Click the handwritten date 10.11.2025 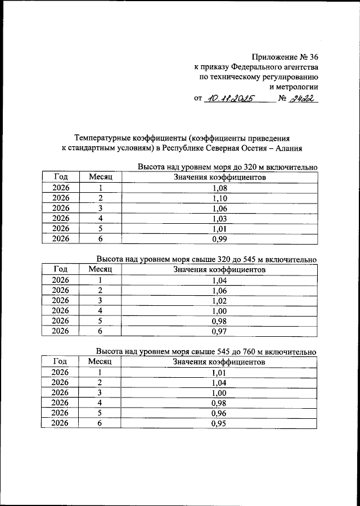229,99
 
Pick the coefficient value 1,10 219,198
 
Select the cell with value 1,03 219,218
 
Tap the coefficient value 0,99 219,238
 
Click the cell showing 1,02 219,300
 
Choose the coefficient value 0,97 219,331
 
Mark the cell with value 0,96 219,413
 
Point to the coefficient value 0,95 219,423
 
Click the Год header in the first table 61,178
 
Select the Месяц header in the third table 101,362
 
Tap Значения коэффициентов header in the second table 219,270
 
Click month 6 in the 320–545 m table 101,331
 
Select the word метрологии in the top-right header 294,87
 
